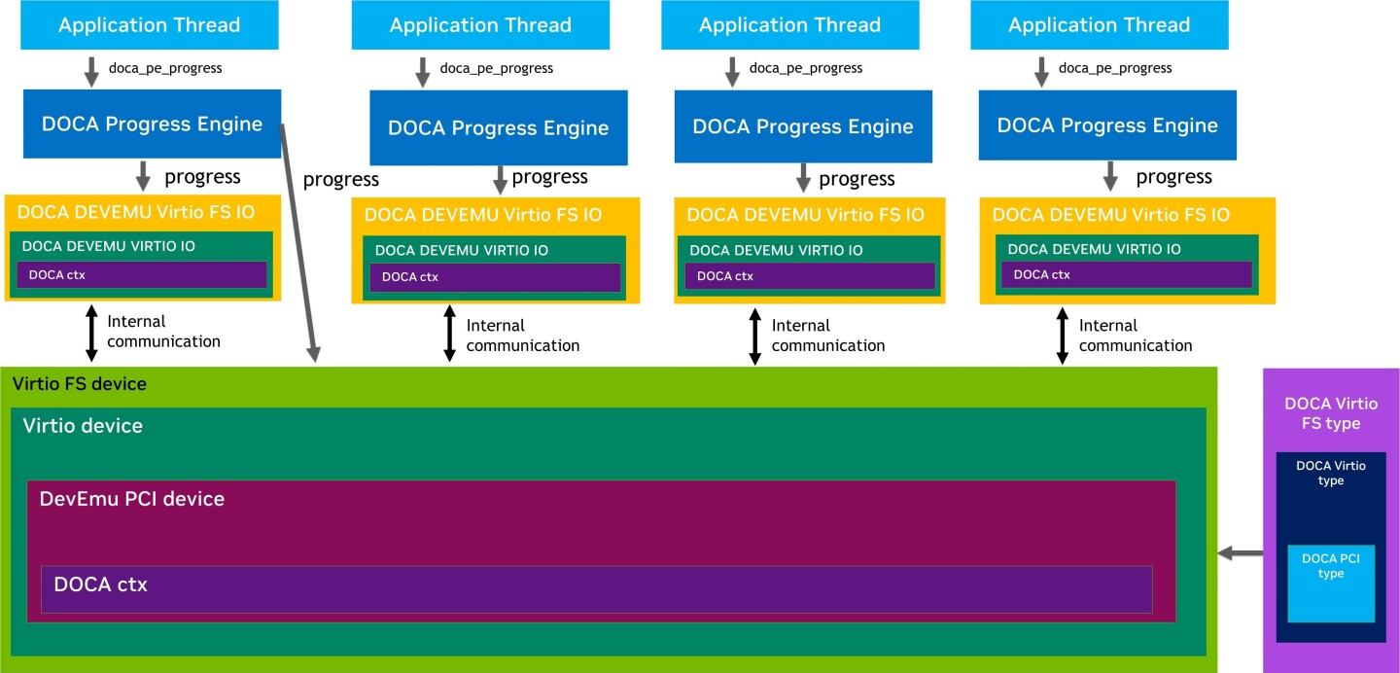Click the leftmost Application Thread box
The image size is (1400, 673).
[149, 25]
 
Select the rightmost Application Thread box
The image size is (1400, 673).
[1099, 25]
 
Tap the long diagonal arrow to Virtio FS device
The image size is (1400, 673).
[298, 243]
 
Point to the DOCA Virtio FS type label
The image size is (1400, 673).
[1329, 413]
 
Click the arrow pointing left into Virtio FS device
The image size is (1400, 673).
[1241, 553]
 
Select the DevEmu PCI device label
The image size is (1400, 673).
[131, 499]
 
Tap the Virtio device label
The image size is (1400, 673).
[83, 426]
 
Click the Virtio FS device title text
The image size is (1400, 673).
[80, 384]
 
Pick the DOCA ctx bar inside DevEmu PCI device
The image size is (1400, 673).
[596, 588]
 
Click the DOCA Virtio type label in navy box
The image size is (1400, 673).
[1330, 473]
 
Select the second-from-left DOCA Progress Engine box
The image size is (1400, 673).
[498, 127]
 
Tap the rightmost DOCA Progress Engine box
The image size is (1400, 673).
[1107, 125]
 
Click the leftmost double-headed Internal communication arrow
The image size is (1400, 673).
[91, 333]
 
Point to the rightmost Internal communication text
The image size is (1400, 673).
[1135, 336]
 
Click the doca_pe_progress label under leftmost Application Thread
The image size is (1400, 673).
[164, 68]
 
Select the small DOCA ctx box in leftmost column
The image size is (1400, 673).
[141, 275]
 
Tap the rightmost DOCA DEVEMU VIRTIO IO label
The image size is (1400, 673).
[1094, 250]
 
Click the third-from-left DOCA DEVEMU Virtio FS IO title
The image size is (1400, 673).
[805, 215]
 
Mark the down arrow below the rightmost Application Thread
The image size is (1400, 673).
[1041, 71]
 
